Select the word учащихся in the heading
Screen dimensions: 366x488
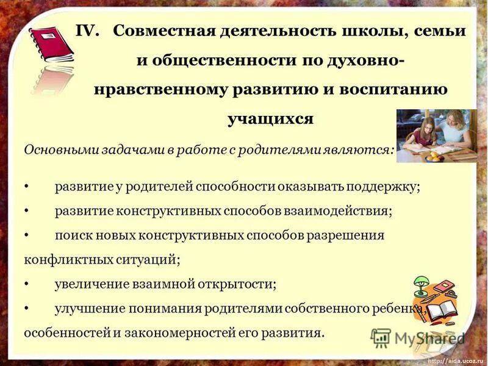[270, 118]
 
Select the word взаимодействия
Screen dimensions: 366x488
[338, 211]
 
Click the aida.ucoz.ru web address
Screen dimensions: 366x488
[455, 361]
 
